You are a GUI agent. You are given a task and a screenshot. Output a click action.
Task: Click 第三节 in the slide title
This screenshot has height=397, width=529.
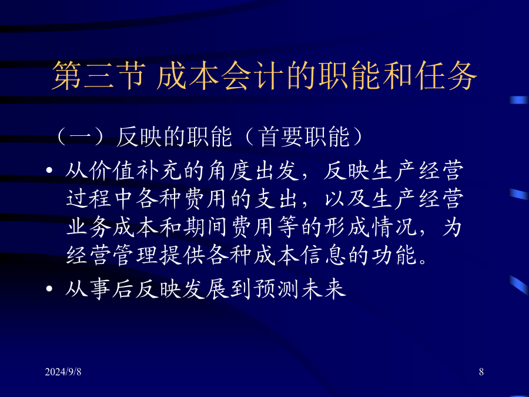pyautogui.click(x=99, y=76)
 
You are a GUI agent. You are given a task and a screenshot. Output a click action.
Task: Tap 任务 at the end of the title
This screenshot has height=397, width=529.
pyautogui.click(x=446, y=76)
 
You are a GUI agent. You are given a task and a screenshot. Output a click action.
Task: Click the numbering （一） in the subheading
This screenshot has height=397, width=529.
pyautogui.click(x=79, y=136)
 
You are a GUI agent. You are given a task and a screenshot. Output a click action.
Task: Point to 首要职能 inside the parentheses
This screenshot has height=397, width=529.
pyautogui.click(x=304, y=136)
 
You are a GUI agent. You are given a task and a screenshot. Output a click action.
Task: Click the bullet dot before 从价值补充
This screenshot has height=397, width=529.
pyautogui.click(x=49, y=170)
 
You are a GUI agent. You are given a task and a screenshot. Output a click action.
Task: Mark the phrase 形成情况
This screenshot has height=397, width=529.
pyautogui.click(x=370, y=226)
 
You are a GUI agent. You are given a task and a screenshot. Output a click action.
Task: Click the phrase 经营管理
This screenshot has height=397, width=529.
pyautogui.click(x=112, y=255)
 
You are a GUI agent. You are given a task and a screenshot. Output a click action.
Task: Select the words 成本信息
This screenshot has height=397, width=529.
pyautogui.click(x=299, y=255)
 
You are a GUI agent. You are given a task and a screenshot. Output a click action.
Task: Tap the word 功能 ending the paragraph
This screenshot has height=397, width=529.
pyautogui.click(x=394, y=255)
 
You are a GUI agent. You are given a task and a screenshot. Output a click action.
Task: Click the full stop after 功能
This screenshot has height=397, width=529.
pyautogui.click(x=423, y=261)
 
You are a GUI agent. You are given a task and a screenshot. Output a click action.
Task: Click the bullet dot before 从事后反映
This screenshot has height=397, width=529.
pyautogui.click(x=49, y=289)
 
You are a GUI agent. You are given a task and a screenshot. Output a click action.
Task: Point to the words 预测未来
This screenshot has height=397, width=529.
pyautogui.click(x=300, y=289)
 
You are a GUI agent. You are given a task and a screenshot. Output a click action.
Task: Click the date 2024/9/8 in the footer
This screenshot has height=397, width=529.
pyautogui.click(x=63, y=372)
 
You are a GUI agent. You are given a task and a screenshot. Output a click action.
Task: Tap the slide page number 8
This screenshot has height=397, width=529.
pyautogui.click(x=481, y=372)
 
